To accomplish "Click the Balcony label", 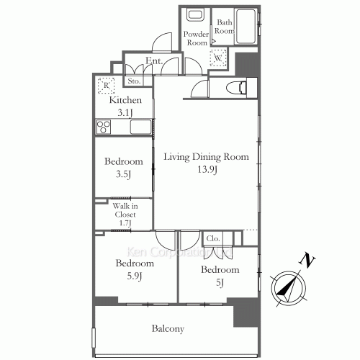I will (168, 329).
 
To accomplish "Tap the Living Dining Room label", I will (205, 156).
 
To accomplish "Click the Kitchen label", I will (125, 100).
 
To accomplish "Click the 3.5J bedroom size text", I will (122, 174).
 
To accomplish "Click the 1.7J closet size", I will (125, 223).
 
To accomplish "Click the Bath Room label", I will (224, 27).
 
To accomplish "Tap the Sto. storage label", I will (134, 81).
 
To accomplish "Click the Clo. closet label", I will (213, 238).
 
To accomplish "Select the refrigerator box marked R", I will (106, 84).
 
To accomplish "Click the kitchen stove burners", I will (103, 127).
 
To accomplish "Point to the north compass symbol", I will (289, 284).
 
